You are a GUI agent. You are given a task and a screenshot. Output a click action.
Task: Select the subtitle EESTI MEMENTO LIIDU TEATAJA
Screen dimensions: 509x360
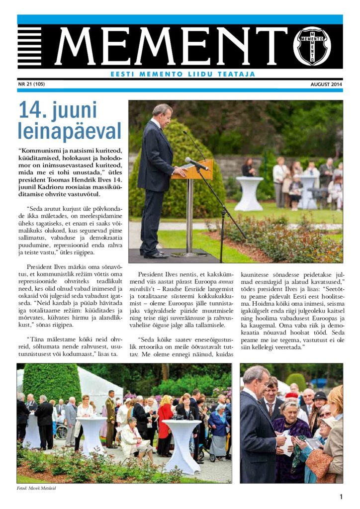[x=182, y=74]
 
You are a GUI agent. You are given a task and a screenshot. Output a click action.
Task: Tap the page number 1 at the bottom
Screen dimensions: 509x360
[x=341, y=497]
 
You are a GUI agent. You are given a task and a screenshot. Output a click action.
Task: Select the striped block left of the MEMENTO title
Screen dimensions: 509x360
[x=29, y=46]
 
